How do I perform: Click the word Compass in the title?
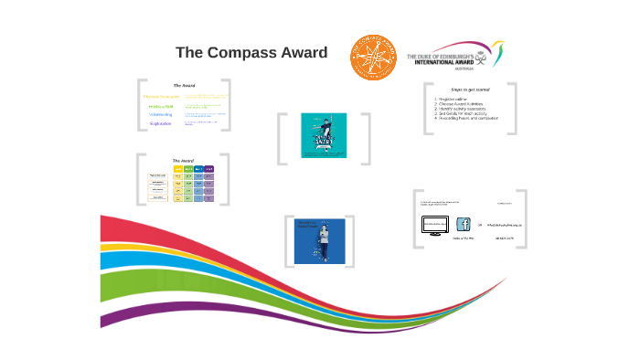[244, 53]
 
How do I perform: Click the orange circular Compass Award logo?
[373, 57]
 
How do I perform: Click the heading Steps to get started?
[470, 90]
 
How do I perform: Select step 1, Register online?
[453, 99]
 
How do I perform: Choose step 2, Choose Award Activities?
[460, 103]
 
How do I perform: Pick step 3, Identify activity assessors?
[461, 109]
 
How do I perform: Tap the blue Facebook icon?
[463, 224]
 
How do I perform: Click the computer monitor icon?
[434, 225]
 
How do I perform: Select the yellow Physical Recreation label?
[162, 96]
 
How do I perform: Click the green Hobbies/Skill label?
[162, 105]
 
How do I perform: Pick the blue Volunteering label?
[162, 114]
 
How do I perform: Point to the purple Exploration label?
[162, 123]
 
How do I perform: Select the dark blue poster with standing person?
[319, 241]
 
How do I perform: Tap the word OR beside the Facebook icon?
[479, 224]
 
